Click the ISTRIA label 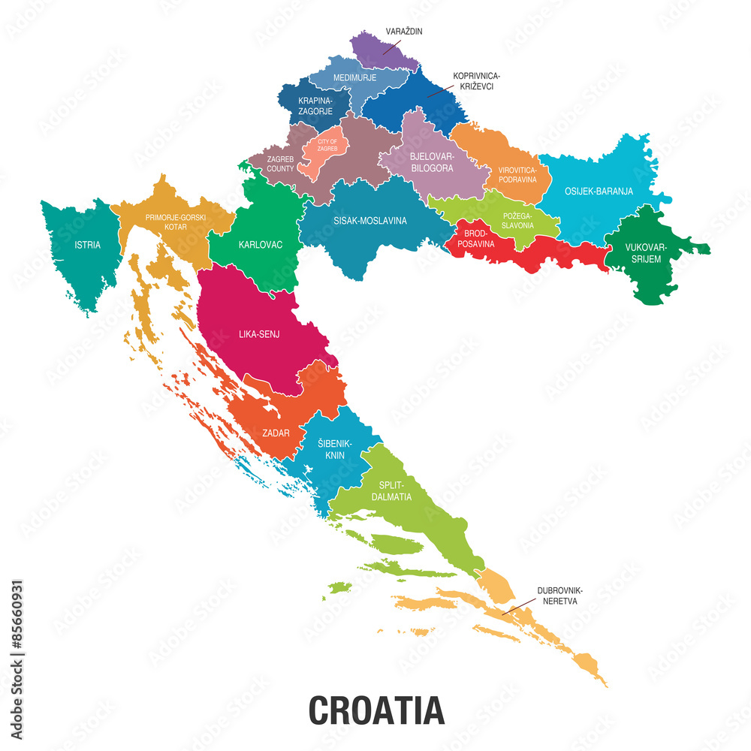[87, 245]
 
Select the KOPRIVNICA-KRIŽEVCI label [476, 82]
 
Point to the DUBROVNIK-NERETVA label [559, 596]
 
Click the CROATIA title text [376, 710]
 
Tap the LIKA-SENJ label [259, 334]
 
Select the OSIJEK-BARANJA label [599, 192]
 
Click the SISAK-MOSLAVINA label [370, 221]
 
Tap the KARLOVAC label [261, 245]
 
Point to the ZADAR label [276, 433]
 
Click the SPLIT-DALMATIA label [391, 491]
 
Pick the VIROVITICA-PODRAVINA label [517, 175]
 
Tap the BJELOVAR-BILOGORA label [432, 162]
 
